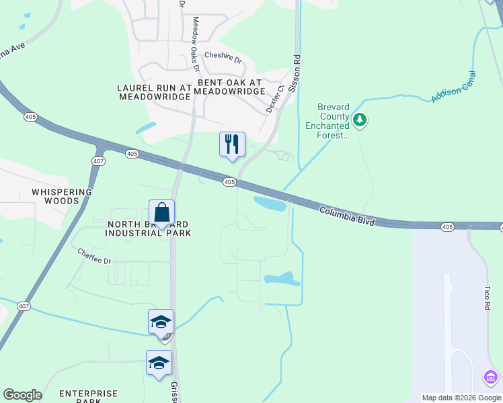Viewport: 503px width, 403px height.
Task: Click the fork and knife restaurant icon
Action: click(x=232, y=144)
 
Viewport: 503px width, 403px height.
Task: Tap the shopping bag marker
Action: click(x=162, y=214)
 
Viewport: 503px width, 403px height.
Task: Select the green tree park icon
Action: click(x=360, y=120)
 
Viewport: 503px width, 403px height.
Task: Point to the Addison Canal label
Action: click(x=453, y=87)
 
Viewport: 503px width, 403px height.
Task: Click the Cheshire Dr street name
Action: click(x=223, y=56)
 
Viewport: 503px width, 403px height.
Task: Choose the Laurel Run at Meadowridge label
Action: click(x=155, y=92)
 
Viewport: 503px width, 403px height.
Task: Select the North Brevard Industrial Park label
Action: click(x=149, y=228)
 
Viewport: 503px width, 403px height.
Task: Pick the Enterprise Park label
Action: click(x=88, y=397)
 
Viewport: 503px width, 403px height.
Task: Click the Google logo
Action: click(x=22, y=395)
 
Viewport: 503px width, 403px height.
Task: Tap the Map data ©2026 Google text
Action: click(x=461, y=398)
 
